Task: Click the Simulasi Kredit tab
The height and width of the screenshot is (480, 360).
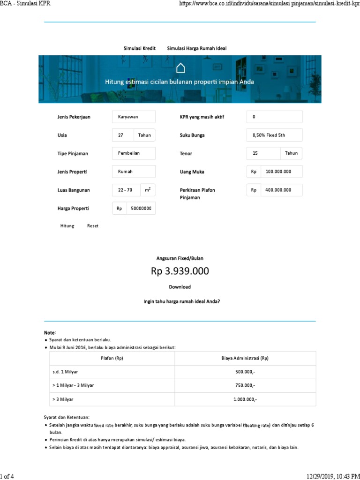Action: point(139,48)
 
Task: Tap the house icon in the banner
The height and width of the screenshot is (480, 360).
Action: point(180,68)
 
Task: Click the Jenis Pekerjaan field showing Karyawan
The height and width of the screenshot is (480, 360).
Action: point(134,117)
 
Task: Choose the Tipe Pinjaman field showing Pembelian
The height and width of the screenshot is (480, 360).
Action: point(134,153)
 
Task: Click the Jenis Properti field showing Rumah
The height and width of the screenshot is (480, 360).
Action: point(134,172)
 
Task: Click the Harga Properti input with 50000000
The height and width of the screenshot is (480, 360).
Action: point(141,209)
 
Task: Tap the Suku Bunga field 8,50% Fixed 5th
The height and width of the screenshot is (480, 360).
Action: point(274,135)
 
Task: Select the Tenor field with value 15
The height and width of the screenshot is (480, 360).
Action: point(263,153)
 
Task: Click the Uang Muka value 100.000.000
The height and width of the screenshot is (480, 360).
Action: point(281,172)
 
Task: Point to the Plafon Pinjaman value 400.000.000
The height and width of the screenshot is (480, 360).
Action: point(281,190)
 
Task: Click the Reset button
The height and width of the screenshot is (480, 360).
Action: point(93,226)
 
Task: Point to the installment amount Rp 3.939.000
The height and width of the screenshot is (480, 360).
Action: point(180,271)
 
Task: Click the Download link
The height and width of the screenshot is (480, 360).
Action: point(180,287)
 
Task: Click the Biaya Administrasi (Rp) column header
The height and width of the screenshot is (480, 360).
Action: point(245,358)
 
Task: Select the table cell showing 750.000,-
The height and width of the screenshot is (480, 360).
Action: point(245,385)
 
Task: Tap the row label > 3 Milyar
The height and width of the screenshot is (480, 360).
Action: point(63,399)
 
